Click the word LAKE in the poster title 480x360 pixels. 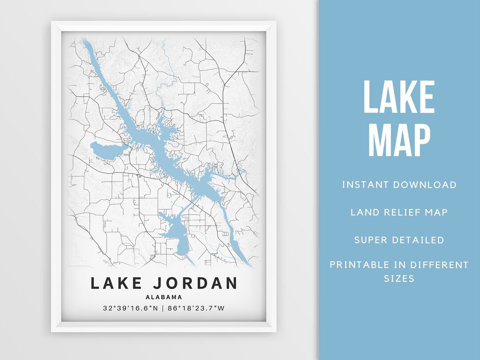(116, 283)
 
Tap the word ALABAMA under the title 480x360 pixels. (164, 297)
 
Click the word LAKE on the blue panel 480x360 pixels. (399, 97)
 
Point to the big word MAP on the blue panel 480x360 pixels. (399, 140)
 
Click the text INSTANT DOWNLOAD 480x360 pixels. (399, 184)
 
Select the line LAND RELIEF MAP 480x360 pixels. (399, 212)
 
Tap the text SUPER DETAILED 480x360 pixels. (399, 240)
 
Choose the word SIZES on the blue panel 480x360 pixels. (399, 279)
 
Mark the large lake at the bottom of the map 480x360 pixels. (178, 236)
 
